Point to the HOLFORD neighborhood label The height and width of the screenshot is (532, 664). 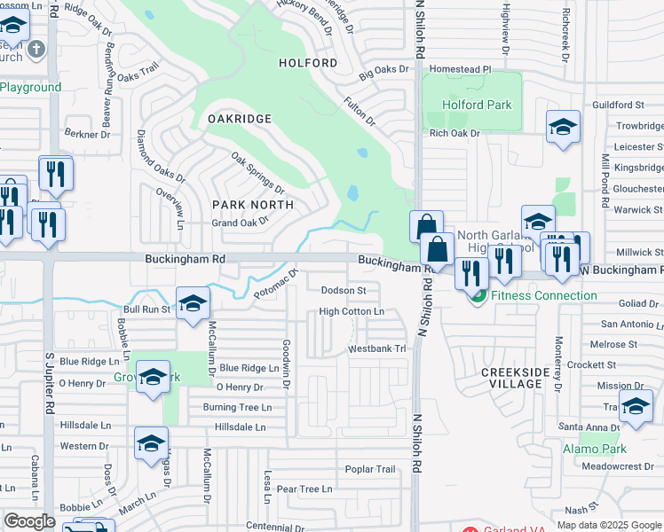308,63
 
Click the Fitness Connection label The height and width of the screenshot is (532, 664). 543,295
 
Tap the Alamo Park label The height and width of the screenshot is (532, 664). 594,450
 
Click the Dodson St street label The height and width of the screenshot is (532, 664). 344,290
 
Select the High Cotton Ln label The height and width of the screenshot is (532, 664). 352,312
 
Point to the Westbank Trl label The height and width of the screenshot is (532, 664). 376,349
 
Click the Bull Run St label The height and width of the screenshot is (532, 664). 146,310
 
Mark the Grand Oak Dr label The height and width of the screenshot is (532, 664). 240,223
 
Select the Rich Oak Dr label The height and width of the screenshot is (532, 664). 455,133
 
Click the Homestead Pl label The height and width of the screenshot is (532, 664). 460,68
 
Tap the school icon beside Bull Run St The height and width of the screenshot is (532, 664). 193,305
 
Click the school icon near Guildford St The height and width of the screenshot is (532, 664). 563,128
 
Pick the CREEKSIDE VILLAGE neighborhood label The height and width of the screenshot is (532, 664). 524,379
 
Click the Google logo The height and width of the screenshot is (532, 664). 29,521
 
